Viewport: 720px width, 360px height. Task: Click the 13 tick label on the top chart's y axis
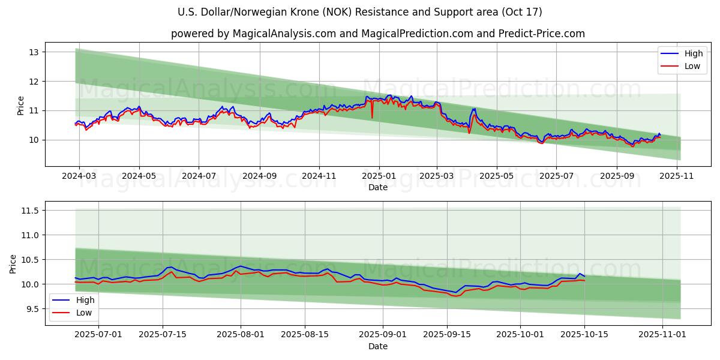pos(33,52)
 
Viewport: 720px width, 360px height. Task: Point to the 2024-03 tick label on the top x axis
pos(79,176)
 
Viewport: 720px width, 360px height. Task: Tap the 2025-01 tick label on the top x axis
pos(378,176)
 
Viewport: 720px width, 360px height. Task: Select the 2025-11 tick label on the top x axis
pos(677,176)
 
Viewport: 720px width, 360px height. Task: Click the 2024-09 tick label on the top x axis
pos(260,176)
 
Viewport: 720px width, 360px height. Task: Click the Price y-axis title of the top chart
pos(21,106)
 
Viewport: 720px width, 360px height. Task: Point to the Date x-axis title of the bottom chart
pos(378,346)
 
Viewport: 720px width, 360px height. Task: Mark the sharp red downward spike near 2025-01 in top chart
pos(372,116)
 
